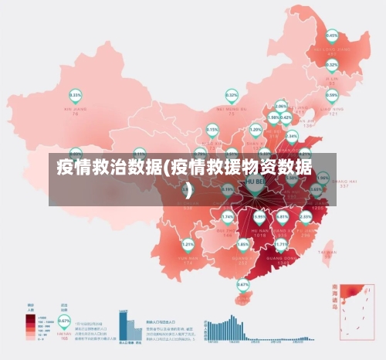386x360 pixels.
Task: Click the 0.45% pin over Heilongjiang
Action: tap(332, 36)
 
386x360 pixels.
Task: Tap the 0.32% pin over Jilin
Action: tap(332, 65)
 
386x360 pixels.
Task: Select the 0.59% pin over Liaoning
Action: tap(332, 95)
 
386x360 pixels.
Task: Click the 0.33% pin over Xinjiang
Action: tap(76, 96)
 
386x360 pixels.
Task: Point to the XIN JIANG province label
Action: tap(76, 110)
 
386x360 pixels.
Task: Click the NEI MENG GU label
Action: tap(231, 110)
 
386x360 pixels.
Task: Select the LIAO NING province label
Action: tap(332, 109)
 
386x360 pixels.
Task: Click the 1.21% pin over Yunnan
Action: tap(188, 244)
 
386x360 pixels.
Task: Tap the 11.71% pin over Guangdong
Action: tap(282, 244)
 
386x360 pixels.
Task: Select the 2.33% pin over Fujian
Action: tap(306, 216)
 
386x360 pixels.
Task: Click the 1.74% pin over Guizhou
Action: tap(228, 217)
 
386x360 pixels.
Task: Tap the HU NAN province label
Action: tap(259, 229)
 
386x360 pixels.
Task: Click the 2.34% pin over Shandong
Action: tap(291, 136)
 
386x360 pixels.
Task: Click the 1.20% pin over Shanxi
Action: tap(256, 130)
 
